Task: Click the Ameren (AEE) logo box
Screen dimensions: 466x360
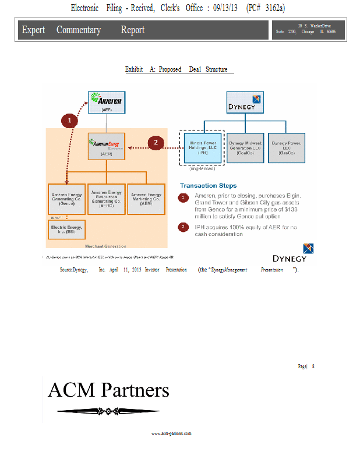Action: point(106,101)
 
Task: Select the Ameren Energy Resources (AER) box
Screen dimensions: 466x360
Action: point(106,146)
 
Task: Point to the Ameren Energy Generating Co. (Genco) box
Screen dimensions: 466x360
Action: point(66,199)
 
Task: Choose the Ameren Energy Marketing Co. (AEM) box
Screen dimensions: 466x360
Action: point(146,199)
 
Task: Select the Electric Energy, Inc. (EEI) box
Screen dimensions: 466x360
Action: point(66,229)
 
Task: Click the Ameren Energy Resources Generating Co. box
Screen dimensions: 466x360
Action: point(106,199)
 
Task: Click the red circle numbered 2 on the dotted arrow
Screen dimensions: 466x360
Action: point(156,142)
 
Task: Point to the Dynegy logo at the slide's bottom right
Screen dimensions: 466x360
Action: point(294,253)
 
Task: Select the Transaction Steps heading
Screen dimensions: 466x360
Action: point(208,186)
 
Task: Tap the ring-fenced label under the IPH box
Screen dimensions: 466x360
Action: point(202,168)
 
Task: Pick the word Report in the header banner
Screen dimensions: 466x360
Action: point(133,30)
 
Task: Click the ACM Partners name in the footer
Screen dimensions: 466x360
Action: point(108,390)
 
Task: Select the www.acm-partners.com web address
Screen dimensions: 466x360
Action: point(171,433)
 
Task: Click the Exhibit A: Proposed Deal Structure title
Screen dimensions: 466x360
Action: point(179,69)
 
